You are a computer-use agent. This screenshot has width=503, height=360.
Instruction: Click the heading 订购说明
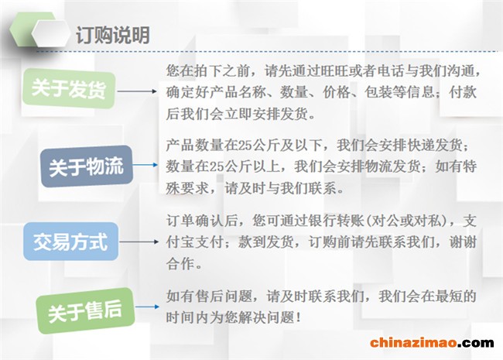[112, 36]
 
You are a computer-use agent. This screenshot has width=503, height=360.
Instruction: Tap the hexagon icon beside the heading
[46, 36]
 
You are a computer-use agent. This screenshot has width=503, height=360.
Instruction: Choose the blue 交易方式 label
[70, 243]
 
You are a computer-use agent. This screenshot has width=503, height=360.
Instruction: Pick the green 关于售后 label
[85, 310]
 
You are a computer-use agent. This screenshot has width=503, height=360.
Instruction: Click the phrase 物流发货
[389, 166]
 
